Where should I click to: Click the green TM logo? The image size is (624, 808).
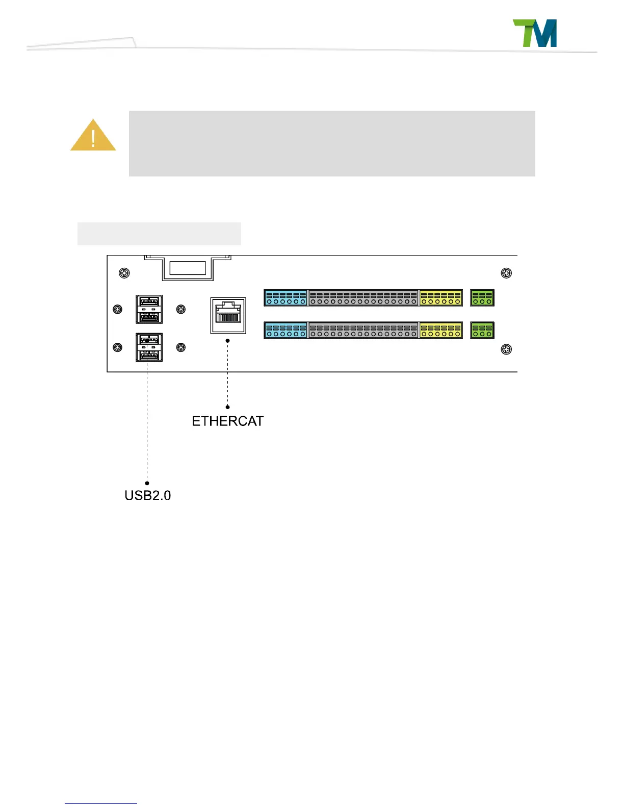tap(534, 34)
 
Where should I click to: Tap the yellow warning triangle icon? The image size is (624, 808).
tap(93, 136)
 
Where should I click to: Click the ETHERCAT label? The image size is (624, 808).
tap(228, 421)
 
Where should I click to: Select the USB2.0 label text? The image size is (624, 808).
tap(148, 495)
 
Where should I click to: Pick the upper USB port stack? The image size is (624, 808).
tap(149, 309)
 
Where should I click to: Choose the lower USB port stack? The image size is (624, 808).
tap(149, 347)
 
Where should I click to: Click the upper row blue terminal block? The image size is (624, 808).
tap(285, 298)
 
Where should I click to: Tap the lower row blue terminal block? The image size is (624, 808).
tap(285, 330)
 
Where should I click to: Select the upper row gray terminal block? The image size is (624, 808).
tap(363, 298)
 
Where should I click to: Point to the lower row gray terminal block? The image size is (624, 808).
tap(363, 330)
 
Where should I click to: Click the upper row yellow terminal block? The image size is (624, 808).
tap(441, 298)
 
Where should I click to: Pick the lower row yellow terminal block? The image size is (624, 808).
tap(441, 330)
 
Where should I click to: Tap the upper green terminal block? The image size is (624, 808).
tap(482, 298)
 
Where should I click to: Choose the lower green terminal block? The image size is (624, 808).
tap(482, 330)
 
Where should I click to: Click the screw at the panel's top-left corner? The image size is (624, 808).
tap(124, 273)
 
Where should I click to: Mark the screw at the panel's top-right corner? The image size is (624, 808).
tap(506, 273)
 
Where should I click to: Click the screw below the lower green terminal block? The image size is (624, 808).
tap(506, 349)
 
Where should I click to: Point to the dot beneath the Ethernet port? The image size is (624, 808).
tap(228, 340)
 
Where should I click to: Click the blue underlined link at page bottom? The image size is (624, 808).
tap(101, 803)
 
